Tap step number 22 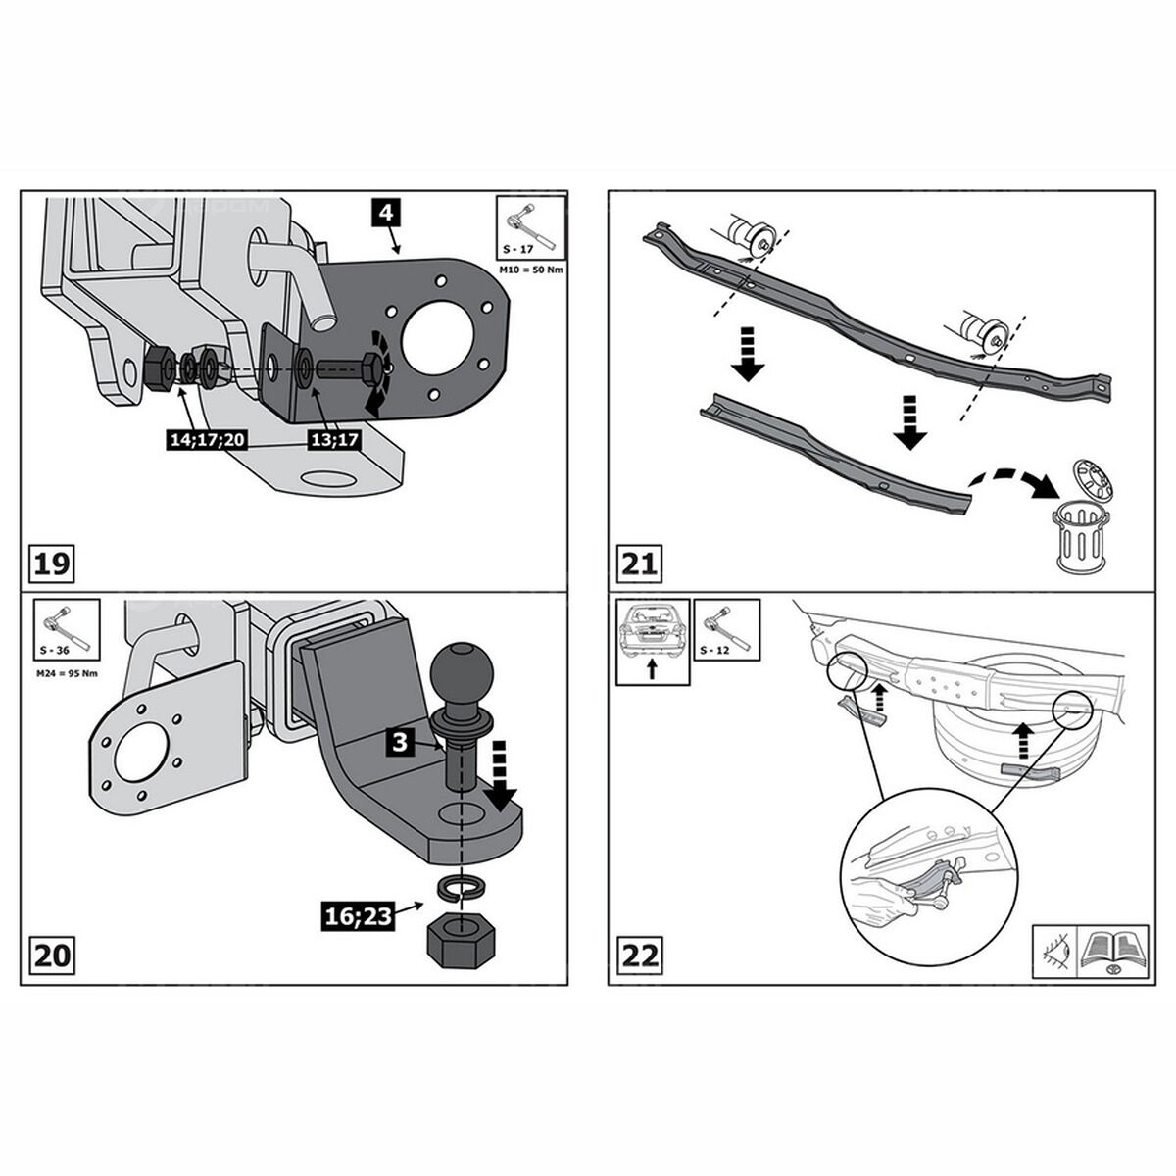[639, 954]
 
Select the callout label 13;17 [334, 440]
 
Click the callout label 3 [400, 742]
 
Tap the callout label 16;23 [357, 915]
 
